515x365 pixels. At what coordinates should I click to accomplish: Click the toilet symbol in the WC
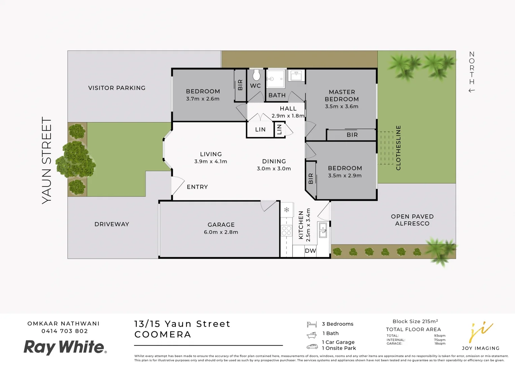click(x=256, y=75)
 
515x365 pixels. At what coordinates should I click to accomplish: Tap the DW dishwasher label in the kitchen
click(x=310, y=251)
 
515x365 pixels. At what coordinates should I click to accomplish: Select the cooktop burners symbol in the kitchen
click(x=287, y=231)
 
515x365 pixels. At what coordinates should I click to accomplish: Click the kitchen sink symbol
click(x=323, y=229)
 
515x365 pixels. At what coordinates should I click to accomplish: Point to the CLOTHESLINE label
click(x=398, y=148)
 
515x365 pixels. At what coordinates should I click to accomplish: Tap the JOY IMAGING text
click(x=481, y=348)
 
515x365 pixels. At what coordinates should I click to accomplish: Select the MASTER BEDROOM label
click(x=342, y=95)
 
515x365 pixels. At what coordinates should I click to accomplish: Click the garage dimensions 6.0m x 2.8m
click(x=221, y=232)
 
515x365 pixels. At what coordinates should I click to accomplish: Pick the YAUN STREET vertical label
click(x=47, y=160)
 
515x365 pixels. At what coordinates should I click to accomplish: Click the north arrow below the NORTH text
click(x=471, y=91)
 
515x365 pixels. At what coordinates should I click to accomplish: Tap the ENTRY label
click(x=197, y=187)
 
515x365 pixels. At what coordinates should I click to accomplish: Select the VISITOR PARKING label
click(x=117, y=88)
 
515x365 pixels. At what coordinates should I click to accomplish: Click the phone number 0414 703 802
click(x=64, y=331)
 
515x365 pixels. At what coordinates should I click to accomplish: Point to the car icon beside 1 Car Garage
click(x=312, y=347)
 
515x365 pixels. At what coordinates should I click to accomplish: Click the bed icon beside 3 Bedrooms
click(x=311, y=324)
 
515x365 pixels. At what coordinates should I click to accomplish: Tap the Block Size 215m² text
click(x=415, y=321)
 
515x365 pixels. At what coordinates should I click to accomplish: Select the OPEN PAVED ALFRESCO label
click(x=412, y=220)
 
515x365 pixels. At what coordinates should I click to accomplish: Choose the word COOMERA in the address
click(x=163, y=335)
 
